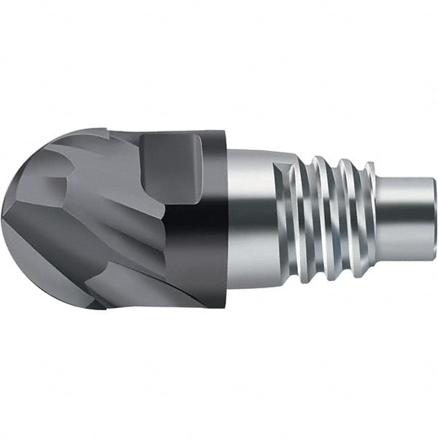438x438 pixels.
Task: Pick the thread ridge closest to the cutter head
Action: (x=296, y=219)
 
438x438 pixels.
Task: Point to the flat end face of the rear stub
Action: (x=434, y=219)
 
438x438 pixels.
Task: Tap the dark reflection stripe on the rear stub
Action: (x=405, y=218)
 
